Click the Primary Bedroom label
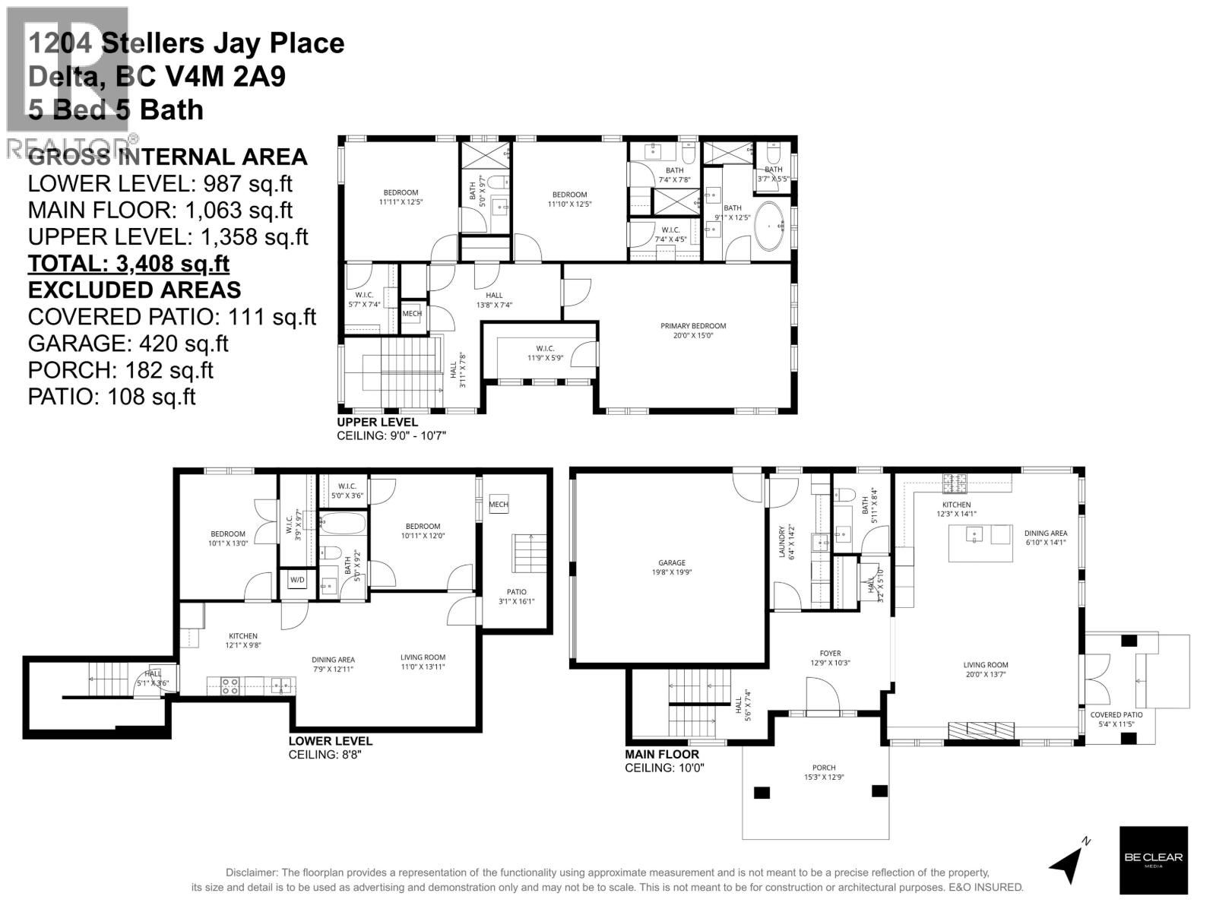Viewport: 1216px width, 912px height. pos(692,331)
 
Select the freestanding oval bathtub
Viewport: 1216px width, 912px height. pos(772,226)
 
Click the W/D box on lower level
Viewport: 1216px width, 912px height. pos(296,581)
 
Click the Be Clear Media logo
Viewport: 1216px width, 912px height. pos(1153,860)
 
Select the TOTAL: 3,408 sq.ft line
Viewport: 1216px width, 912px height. pos(128,264)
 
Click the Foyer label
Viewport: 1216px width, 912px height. pos(830,657)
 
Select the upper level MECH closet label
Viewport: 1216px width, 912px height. pos(411,313)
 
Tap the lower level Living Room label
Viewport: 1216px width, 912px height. pos(423,662)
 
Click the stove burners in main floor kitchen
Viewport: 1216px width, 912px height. pos(954,481)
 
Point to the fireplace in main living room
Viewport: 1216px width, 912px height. pos(980,730)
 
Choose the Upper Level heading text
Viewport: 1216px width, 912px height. pos(377,423)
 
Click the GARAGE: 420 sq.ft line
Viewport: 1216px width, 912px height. pos(128,344)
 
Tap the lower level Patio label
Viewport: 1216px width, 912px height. pos(516,596)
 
